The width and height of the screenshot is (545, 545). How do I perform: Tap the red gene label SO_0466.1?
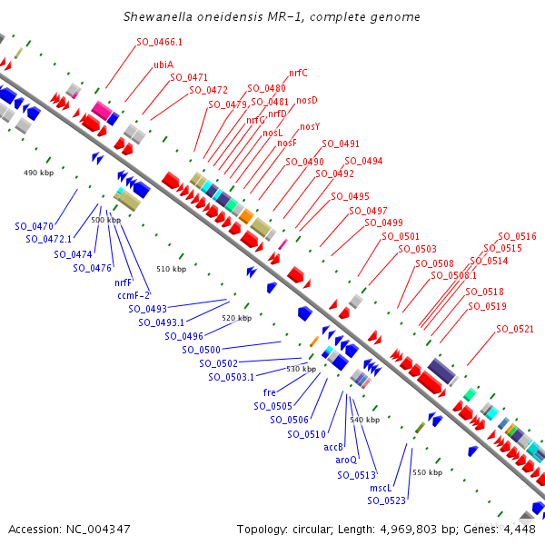pos(159,42)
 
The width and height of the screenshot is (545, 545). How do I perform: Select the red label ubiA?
pos(163,65)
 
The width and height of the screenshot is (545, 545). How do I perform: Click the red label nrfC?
pos(298,73)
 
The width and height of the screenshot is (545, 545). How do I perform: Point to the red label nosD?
pos(307,100)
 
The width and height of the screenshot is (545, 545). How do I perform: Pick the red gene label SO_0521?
pos(515,329)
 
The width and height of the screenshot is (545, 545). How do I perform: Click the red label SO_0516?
pos(518,236)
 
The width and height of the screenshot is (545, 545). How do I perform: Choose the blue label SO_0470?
pos(34,225)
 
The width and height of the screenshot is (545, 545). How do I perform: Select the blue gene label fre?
pos(269,392)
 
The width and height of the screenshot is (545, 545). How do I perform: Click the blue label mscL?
pos(380,488)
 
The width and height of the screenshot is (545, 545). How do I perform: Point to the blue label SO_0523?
pos(386,500)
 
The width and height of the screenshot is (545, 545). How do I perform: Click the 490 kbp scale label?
pos(40,173)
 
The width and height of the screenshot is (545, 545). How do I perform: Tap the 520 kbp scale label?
pos(236,318)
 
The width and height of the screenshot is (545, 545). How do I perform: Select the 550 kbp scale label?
pos(427,472)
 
